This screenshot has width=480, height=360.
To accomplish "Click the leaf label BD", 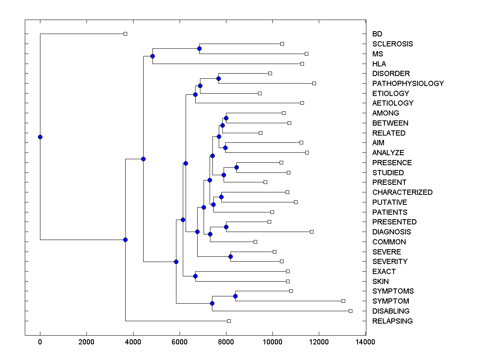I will pos(377,34).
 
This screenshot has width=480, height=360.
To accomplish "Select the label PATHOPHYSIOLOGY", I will pos(408,84).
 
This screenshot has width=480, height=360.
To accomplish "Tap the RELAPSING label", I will pos(392,321).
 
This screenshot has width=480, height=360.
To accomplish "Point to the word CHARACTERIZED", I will pos(402,192).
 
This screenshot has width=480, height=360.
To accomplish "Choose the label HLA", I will pos(379,64).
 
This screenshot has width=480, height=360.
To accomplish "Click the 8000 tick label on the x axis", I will pos(226,342).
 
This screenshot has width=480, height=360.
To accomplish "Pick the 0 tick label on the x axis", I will pos(40,342).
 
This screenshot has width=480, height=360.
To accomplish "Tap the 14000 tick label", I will pos(366,342).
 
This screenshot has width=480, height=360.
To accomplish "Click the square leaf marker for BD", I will pos(125,34).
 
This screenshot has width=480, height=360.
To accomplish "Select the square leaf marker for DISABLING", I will pos(350,311).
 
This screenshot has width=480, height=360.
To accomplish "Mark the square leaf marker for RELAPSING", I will pos(229,321).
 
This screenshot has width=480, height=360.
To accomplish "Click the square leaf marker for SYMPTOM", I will pos(343,301).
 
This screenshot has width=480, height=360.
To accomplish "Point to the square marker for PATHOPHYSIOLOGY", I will pos(314,83).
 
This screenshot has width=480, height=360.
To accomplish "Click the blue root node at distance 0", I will pos(40,137).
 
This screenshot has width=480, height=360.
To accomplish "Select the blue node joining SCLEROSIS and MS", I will pos(199,48).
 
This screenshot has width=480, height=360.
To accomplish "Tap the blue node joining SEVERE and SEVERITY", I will pos(230,256).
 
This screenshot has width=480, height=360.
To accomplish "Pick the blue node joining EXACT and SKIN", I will pos(195,276).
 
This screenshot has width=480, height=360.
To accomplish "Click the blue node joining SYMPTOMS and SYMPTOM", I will pos(235,296).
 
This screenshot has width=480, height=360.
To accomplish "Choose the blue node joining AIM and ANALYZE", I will pos(225,148).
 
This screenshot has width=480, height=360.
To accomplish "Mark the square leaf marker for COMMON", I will pos(255,242).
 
